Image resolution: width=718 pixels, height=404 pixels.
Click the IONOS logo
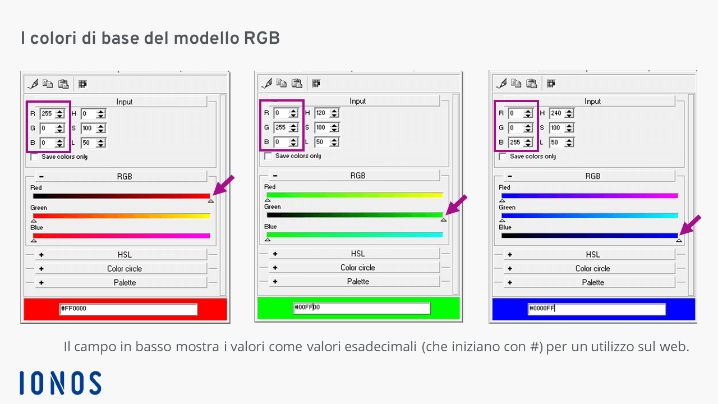(x=60, y=383)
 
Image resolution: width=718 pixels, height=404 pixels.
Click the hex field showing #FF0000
(x=128, y=309)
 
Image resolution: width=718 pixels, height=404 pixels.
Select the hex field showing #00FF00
(x=362, y=308)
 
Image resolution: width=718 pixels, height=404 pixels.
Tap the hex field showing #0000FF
(x=596, y=309)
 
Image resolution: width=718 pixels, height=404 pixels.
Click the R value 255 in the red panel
(x=48, y=113)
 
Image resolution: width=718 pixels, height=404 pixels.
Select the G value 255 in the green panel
(x=281, y=127)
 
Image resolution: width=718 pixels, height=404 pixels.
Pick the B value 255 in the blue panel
(x=516, y=142)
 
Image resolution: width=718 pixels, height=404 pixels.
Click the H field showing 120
(x=322, y=113)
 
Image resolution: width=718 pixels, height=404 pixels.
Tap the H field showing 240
(x=557, y=113)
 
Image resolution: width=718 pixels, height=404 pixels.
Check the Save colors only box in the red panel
(x=34, y=157)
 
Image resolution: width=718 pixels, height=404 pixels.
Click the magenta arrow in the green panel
(x=457, y=205)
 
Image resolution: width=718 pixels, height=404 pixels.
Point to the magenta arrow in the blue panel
(x=690, y=225)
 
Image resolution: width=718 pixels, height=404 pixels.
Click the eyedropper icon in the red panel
(x=33, y=84)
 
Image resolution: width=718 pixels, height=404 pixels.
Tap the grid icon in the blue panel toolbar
(x=551, y=84)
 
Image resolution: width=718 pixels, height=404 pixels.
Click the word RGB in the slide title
(x=262, y=38)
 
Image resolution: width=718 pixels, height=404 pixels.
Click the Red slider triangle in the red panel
(x=210, y=201)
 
